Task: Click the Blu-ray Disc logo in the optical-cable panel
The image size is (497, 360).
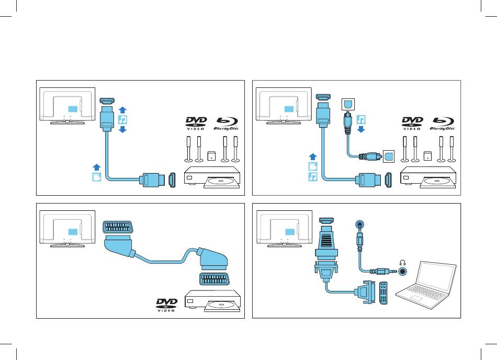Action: (442, 124)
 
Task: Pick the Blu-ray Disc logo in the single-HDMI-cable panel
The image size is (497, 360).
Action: (225, 124)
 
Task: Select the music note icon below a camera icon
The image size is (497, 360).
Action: (312, 177)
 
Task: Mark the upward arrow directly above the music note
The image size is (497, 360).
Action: (121, 110)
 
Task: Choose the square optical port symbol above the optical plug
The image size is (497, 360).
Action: (347, 104)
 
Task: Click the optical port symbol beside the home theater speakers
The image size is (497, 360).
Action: (388, 155)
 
